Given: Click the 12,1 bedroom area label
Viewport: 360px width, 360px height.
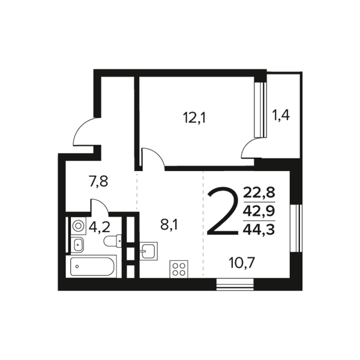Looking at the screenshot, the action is point(194,118).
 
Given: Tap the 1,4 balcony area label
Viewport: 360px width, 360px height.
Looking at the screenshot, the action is point(281,115).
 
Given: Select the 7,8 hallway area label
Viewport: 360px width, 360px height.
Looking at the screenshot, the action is point(98,181).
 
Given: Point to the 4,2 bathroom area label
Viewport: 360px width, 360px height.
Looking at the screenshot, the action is point(100,227).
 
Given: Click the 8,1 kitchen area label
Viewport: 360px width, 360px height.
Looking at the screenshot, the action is point(169,225).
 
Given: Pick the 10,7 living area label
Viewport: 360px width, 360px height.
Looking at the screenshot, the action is point(242,263).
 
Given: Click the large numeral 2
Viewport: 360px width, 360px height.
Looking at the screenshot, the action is point(223,211).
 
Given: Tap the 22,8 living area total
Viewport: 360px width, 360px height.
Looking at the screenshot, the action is point(259,193).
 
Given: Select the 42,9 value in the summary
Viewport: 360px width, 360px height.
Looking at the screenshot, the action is point(259,211).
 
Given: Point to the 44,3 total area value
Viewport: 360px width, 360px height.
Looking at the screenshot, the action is point(259,229).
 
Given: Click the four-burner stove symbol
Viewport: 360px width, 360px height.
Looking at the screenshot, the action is point(179,269).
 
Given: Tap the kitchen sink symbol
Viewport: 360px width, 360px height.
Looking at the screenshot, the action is point(149,251).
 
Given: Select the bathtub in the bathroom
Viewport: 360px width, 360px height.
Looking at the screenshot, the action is point(91,266).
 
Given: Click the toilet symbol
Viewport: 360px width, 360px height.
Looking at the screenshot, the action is point(113,241).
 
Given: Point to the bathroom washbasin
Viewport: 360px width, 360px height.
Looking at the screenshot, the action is point(78,245).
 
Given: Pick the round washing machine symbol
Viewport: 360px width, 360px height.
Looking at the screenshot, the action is point(78,226).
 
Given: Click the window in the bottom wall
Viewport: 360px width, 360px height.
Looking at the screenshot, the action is point(235,284).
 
